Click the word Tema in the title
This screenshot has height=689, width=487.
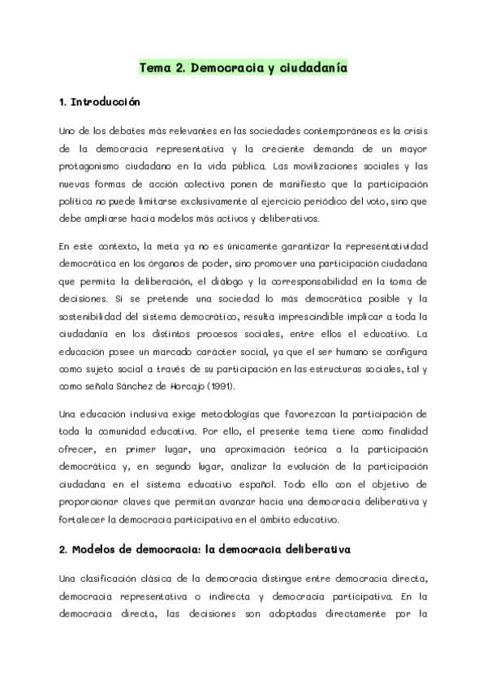(x=155, y=68)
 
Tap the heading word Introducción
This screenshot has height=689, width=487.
(x=106, y=103)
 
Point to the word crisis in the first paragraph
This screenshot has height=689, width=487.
(x=412, y=131)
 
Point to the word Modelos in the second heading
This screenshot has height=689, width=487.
(x=94, y=550)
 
